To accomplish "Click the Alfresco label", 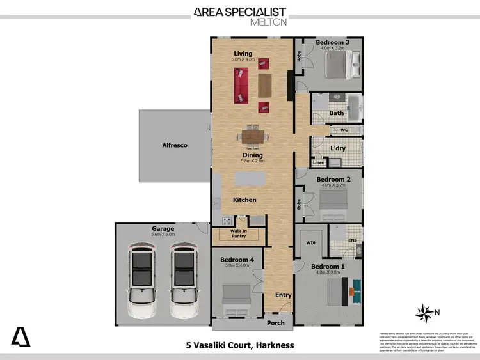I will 174,146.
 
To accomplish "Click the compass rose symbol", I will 423,313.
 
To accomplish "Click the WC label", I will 344,130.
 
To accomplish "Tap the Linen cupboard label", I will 319,163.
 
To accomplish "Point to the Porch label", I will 276,323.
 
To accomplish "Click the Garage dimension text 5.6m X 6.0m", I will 163,235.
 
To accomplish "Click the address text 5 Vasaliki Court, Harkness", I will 240,345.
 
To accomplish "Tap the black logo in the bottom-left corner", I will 20,336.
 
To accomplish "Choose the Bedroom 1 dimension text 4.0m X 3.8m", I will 327,272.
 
